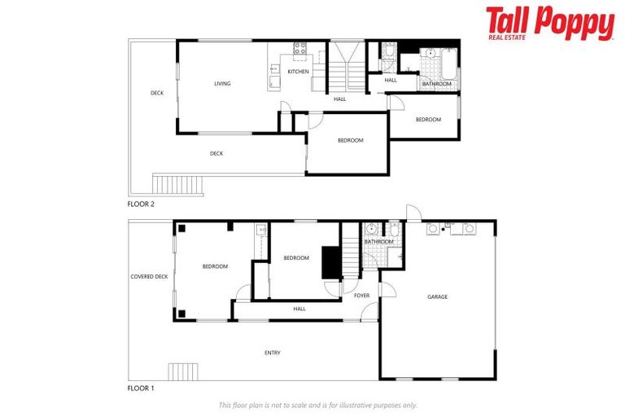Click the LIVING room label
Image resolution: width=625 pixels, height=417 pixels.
click(222, 84)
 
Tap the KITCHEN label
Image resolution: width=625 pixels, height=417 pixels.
click(299, 72)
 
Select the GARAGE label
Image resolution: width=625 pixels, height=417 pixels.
click(437, 296)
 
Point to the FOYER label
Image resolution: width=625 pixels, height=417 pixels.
click(362, 296)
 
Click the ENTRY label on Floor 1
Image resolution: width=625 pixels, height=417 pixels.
click(273, 353)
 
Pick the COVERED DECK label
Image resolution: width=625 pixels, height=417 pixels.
click(149, 277)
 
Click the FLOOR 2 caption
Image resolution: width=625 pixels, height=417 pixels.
click(140, 204)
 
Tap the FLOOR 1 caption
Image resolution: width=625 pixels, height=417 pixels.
click(140, 388)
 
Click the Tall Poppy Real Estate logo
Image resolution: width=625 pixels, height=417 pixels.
click(550, 24)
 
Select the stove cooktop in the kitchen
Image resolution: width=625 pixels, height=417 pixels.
click(299, 48)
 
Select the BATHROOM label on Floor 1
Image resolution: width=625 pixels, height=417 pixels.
click(378, 242)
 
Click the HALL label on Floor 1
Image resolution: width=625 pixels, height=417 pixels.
click(299, 309)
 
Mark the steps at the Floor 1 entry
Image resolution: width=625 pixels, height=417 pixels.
click(183, 372)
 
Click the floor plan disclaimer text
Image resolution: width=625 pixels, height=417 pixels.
click(317, 405)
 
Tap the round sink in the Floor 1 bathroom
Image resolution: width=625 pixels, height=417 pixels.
click(370, 229)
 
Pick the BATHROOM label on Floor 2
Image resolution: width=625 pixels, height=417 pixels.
click(437, 84)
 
